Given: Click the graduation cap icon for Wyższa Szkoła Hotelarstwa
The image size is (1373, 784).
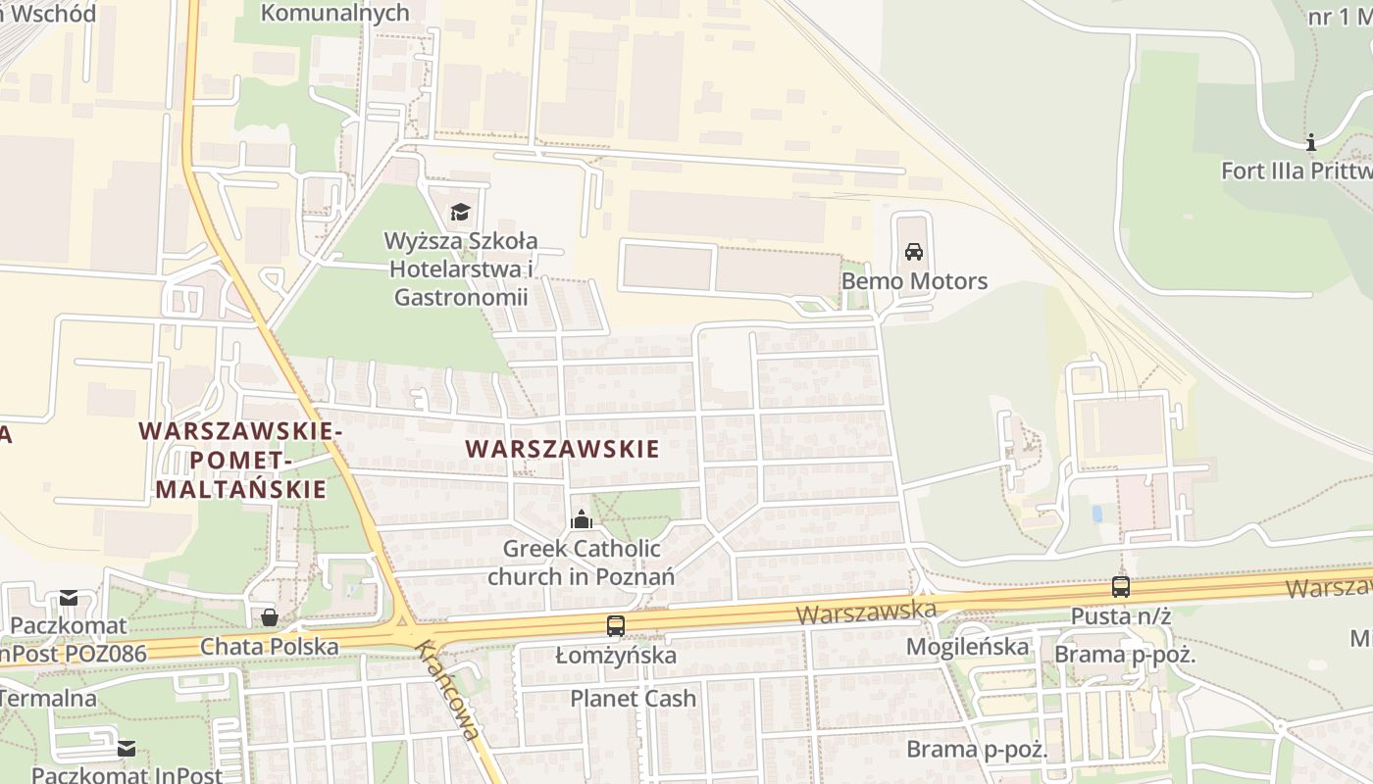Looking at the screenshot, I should point(460,212).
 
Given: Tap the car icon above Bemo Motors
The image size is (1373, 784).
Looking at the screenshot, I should point(914,252).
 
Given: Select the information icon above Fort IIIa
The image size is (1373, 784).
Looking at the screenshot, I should point(1311,142).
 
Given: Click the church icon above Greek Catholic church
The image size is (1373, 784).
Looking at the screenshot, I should point(582,519).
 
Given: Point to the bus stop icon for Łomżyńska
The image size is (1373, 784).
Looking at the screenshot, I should point(616,625).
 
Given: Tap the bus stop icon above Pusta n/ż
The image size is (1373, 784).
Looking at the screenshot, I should point(1121,587).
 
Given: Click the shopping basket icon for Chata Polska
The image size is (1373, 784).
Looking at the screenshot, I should point(270,617).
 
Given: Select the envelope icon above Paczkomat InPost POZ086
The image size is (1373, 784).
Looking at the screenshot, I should point(69,598).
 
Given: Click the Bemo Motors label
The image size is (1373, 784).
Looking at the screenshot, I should point(914,281).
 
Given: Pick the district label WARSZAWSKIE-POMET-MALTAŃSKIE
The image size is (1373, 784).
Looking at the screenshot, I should point(241,461).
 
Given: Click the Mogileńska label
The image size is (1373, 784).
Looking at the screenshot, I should point(967,647).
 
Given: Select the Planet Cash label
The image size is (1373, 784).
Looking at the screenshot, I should point(634,699).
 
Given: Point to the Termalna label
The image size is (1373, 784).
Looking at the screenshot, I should point(48,699).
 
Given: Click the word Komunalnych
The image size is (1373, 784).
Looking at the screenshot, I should point(334,13).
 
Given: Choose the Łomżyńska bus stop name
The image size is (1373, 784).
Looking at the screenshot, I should point(616,655).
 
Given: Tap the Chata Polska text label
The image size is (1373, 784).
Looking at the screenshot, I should point(270,647).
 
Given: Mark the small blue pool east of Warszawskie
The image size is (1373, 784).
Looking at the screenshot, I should point(1096,514).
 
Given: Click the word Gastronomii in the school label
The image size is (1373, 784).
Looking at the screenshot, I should point(461,297).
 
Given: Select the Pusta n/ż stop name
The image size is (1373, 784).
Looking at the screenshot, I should point(1121,616).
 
